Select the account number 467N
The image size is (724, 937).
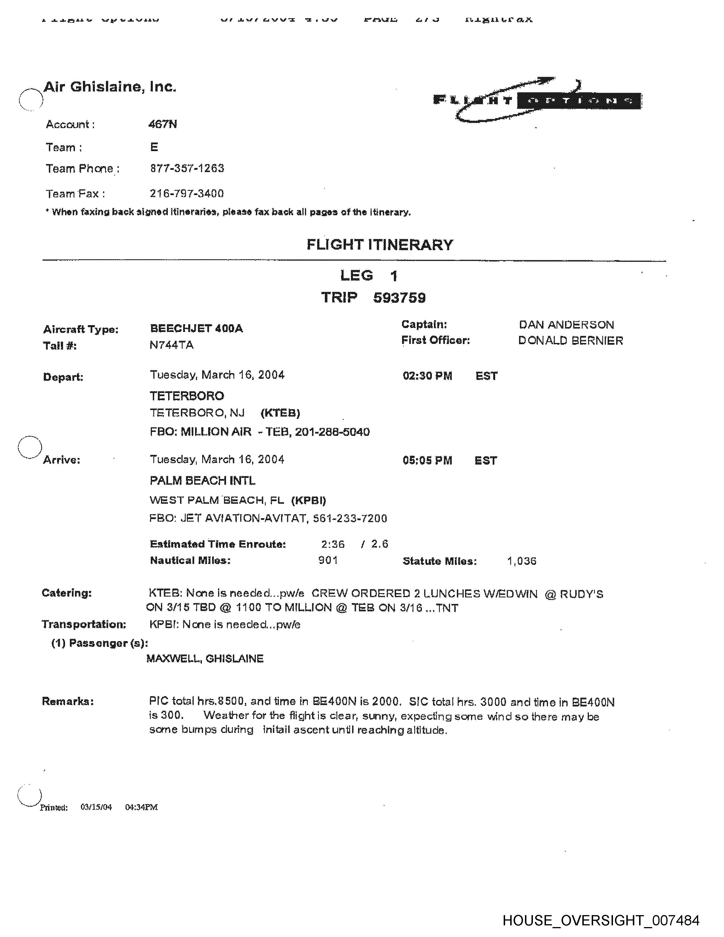click(x=163, y=124)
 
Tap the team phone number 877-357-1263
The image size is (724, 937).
click(x=187, y=168)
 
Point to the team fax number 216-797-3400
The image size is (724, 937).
click(x=187, y=193)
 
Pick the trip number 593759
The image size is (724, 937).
click(x=399, y=298)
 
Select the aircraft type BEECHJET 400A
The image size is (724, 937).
click(x=196, y=329)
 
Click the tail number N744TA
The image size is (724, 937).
click(x=171, y=345)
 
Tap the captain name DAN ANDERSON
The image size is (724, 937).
click(x=566, y=325)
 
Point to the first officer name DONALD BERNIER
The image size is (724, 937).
click(x=570, y=341)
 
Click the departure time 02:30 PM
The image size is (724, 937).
click(x=427, y=376)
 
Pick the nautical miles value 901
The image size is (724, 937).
click(x=328, y=560)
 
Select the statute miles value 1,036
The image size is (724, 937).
click(x=522, y=561)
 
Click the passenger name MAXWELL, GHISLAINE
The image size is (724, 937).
click(x=205, y=658)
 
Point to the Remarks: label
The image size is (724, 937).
click(x=68, y=701)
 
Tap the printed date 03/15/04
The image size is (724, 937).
click(x=96, y=807)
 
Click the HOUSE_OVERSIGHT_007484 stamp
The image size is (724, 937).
click(x=601, y=920)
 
